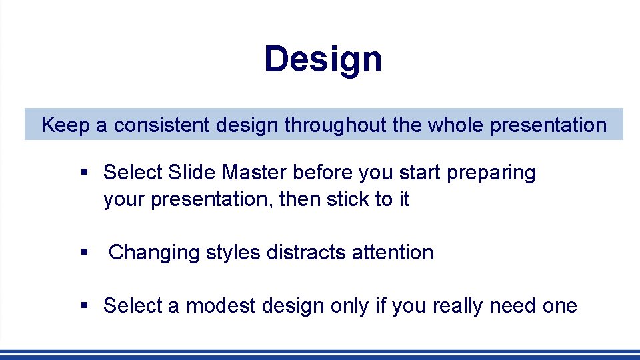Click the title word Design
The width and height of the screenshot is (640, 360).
[x=323, y=60]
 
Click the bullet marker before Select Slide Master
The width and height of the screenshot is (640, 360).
[x=84, y=173]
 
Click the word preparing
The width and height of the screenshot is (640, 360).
[x=491, y=173]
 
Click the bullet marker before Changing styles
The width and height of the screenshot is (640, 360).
[x=84, y=253]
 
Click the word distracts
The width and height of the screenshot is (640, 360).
[x=306, y=253]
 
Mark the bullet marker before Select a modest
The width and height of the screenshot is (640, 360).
[x=84, y=306]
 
